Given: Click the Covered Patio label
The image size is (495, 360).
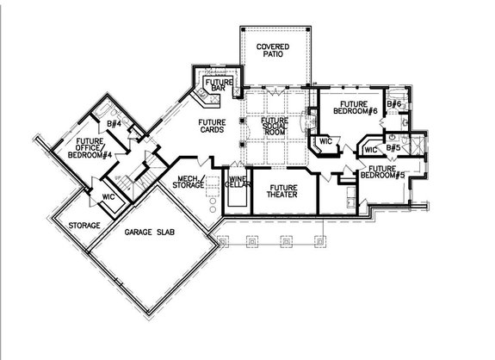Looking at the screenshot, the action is pos(273,50).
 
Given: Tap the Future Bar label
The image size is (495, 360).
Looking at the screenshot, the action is pos(219,85).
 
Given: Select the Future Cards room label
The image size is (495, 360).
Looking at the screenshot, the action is pos(212,126).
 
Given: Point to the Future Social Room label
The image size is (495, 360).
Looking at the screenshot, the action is pos(275,126).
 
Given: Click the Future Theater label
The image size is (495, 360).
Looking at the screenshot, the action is pos(282,191).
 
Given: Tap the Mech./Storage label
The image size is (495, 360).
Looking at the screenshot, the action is pos(189,182).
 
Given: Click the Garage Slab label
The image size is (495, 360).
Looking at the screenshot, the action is pos(149,233).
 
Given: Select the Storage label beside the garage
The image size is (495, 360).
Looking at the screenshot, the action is pos(84,226).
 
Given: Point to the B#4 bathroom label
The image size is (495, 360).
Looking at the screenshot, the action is pos(114,124).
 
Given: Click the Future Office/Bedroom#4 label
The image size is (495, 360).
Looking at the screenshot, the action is pos(90,148).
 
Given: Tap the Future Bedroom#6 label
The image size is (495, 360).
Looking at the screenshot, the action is pos(356,108).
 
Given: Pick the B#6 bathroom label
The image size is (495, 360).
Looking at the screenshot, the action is pos(394,103).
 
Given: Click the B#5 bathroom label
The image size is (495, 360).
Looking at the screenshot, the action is pos(393,147).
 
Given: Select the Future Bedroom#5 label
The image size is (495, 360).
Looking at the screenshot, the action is pos(382,172).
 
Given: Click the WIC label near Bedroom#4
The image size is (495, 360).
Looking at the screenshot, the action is pos(108,196).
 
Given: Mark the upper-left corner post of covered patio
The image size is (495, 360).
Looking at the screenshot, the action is pos(243,29).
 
